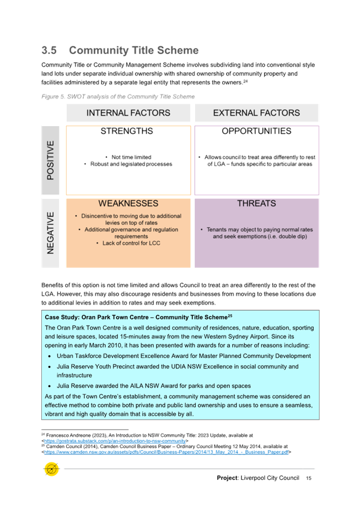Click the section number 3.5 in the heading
(x=49, y=51)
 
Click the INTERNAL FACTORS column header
(x=128, y=113)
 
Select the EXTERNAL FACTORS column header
(x=256, y=113)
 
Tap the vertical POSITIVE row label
(x=51, y=160)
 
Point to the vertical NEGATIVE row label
(x=51, y=232)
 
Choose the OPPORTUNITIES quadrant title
(x=256, y=132)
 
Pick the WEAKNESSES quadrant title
(x=128, y=204)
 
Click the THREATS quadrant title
(x=256, y=204)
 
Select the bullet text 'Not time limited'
(x=131, y=157)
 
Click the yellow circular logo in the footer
(x=52, y=469)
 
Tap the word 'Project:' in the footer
(x=228, y=478)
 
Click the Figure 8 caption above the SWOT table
(x=117, y=96)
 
